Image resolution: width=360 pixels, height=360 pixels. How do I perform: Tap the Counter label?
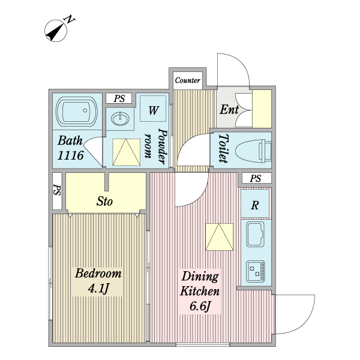187,80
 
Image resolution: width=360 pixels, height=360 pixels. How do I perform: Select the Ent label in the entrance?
229,110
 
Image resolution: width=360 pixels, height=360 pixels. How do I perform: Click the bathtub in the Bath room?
76,112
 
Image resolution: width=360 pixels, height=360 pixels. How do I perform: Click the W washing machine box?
154,110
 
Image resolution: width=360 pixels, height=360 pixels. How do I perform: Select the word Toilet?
221,149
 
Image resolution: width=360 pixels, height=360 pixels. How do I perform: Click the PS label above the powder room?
119,99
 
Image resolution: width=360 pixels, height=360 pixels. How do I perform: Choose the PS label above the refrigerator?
256,179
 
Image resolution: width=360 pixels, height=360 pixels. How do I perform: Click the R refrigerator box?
255,205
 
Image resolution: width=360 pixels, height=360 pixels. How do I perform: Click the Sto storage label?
105,202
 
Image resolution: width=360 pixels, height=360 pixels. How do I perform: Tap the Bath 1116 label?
70,149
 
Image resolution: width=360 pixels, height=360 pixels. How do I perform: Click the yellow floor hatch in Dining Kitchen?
218,237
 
